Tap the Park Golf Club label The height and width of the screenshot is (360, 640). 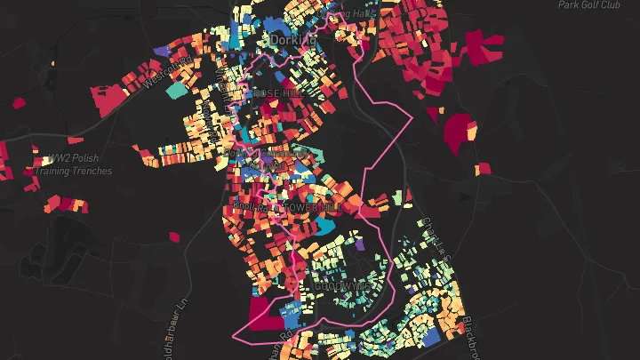pyautogui.click(x=588, y=5)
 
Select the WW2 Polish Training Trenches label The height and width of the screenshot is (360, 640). pyautogui.click(x=78, y=164)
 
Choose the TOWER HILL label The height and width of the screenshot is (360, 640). pyautogui.click(x=308, y=207)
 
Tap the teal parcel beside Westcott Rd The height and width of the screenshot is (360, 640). pyautogui.click(x=177, y=90)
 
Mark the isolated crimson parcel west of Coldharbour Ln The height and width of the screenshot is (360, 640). pyautogui.click(x=173, y=237)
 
